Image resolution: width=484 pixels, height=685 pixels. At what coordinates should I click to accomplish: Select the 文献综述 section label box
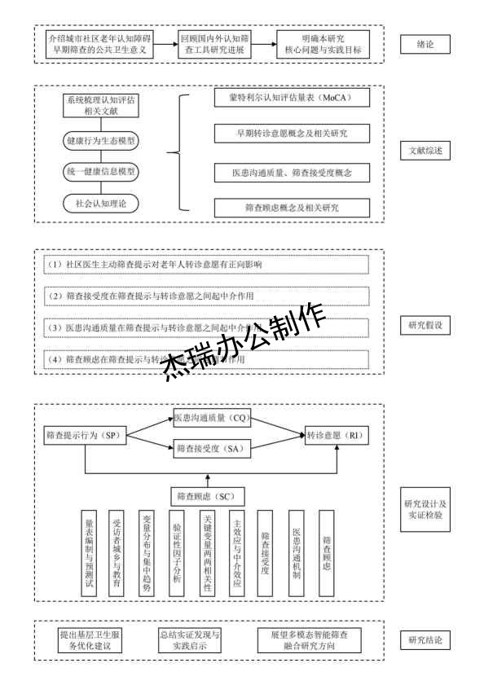[425, 152]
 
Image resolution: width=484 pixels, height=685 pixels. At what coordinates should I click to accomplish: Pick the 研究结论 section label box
[425, 640]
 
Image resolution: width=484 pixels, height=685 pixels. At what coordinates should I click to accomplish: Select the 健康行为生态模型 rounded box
[100, 140]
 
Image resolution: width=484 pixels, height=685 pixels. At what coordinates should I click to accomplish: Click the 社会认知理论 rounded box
[100, 202]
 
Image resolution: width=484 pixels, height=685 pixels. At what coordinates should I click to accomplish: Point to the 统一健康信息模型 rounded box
[100, 171]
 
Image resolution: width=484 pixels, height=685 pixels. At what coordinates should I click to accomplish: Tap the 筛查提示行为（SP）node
[83, 437]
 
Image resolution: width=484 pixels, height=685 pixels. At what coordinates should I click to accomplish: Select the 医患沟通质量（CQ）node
[210, 418]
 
